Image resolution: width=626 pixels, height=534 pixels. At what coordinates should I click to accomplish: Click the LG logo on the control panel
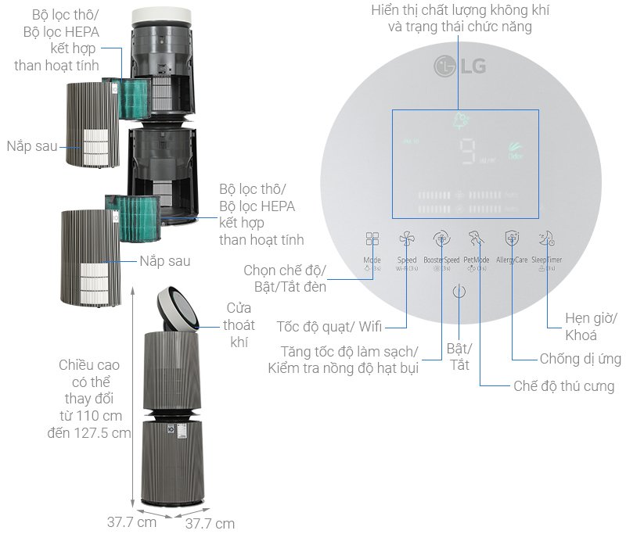pos(459,66)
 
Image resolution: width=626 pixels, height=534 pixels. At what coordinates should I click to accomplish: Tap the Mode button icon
pos(372,239)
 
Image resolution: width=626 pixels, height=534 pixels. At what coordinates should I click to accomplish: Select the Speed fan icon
pos(407,239)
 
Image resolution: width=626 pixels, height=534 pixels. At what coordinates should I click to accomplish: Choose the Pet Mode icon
pos(476,239)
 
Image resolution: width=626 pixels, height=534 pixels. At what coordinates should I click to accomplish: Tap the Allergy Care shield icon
pos(512,239)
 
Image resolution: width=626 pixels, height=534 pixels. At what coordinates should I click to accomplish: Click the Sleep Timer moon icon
pos(546,239)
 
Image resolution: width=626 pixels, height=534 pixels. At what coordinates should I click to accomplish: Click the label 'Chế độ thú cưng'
pos(563,386)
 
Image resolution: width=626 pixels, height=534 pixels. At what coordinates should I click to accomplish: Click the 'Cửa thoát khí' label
pos(239,325)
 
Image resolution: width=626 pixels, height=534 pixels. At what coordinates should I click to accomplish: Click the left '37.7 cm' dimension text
pos(131,521)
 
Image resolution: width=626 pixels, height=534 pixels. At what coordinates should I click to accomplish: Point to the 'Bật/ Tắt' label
pos(459,356)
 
